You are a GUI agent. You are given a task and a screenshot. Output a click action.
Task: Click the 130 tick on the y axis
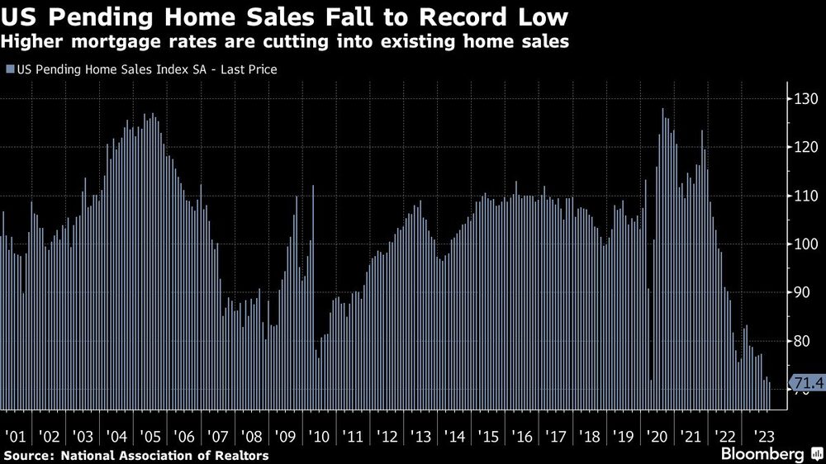click(805, 99)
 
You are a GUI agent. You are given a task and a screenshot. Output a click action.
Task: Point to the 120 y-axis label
click(805, 148)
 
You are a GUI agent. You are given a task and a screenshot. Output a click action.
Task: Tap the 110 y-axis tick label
click(805, 196)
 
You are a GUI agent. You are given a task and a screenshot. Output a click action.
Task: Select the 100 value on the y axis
click(805, 244)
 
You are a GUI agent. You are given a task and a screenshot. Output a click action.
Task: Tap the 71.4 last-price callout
click(806, 383)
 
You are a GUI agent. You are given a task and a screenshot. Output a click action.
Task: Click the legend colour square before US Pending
click(9, 70)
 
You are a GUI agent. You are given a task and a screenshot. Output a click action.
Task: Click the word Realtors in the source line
click(242, 455)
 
